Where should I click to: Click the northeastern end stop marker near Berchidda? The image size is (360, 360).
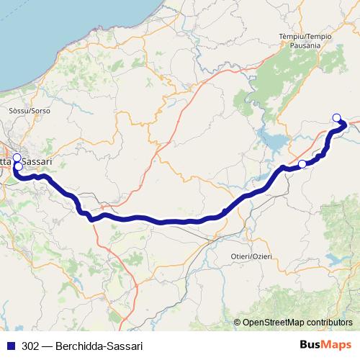(336, 117)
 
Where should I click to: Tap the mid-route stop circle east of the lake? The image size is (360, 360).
(302, 164)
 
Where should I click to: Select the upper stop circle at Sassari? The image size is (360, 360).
(17, 157)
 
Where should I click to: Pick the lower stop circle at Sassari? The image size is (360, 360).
(17, 167)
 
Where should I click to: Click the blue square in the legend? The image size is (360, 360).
(11, 346)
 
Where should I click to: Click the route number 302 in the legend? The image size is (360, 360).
(30, 346)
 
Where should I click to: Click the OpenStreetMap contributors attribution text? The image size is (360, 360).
(297, 323)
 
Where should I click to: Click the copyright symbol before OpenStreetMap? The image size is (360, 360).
(238, 323)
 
